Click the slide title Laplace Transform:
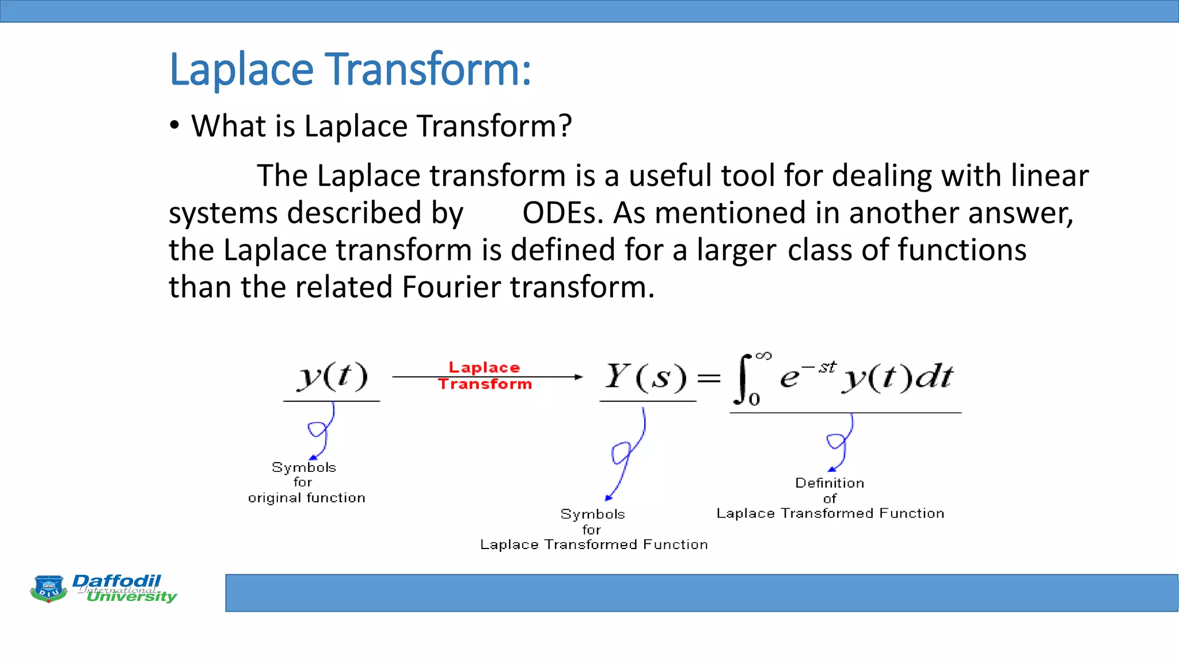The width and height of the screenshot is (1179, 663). pyautogui.click(x=350, y=70)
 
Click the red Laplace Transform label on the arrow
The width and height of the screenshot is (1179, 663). pyautogui.click(x=484, y=376)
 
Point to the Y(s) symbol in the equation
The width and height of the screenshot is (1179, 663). pyautogui.click(x=645, y=377)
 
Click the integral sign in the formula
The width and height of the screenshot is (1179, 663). pyautogui.click(x=743, y=378)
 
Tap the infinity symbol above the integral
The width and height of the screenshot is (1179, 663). pyautogui.click(x=763, y=356)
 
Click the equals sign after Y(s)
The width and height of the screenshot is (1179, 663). pyautogui.click(x=709, y=378)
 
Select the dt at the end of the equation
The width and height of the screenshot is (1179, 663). pyautogui.click(x=934, y=378)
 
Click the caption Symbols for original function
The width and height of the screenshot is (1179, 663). pyautogui.click(x=306, y=482)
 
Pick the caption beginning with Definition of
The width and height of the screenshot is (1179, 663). pyautogui.click(x=830, y=498)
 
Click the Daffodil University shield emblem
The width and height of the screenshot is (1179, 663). pyautogui.click(x=48, y=588)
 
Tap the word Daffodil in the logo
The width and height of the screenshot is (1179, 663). pyautogui.click(x=116, y=581)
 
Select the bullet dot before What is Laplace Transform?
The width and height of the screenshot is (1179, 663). pyautogui.click(x=174, y=125)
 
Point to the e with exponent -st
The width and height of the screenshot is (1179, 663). pyautogui.click(x=790, y=378)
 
